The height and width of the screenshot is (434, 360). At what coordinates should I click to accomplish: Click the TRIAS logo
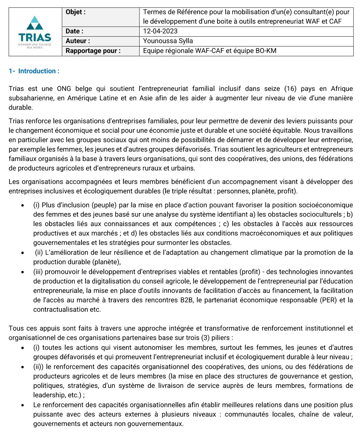point(35,32)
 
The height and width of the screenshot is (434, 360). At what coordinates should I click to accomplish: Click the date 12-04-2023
point(160,31)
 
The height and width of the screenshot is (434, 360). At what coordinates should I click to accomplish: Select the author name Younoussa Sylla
point(168,41)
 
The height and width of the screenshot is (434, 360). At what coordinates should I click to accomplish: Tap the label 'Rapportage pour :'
point(93,51)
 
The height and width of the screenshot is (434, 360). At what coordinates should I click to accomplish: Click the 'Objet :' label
point(75,12)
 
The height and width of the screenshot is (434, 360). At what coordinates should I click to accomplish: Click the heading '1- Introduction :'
point(34,71)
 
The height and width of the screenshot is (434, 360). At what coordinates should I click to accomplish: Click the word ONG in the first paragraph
point(64,89)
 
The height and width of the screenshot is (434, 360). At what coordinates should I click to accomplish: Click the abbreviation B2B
point(187,300)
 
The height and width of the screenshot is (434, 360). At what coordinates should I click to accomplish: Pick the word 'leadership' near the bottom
point(49,395)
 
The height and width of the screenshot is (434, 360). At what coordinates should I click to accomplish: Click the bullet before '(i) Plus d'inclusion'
point(23,205)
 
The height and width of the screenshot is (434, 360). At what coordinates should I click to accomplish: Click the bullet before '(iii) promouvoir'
point(23,272)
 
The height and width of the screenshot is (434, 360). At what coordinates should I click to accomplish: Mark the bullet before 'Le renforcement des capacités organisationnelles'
point(23,405)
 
